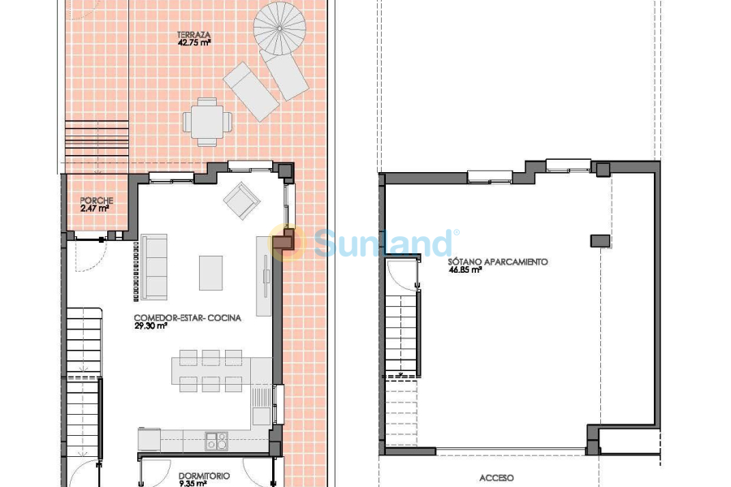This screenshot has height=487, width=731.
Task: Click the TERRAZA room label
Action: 194,35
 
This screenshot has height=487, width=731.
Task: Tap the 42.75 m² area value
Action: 194,43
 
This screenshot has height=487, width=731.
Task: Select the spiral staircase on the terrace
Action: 279,28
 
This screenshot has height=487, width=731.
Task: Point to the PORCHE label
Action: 96,200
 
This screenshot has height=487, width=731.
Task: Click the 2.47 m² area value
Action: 94,209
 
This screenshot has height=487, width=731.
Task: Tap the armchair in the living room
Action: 242,200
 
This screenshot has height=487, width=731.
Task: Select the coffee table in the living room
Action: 210,273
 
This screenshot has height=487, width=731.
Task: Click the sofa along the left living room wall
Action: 154,267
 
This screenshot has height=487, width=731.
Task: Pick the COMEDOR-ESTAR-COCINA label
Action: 188,318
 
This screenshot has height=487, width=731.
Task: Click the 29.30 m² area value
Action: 151,326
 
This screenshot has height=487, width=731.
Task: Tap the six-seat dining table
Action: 210,371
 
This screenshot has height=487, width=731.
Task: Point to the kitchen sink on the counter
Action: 216,441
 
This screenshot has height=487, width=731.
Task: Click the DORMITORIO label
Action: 204,476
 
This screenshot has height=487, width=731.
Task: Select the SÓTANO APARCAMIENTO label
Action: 498,262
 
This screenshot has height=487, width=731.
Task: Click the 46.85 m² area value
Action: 465,270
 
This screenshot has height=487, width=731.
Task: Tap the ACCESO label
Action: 496,478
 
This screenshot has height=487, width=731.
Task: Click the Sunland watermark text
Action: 384,243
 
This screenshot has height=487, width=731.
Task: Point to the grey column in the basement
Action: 600,240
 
